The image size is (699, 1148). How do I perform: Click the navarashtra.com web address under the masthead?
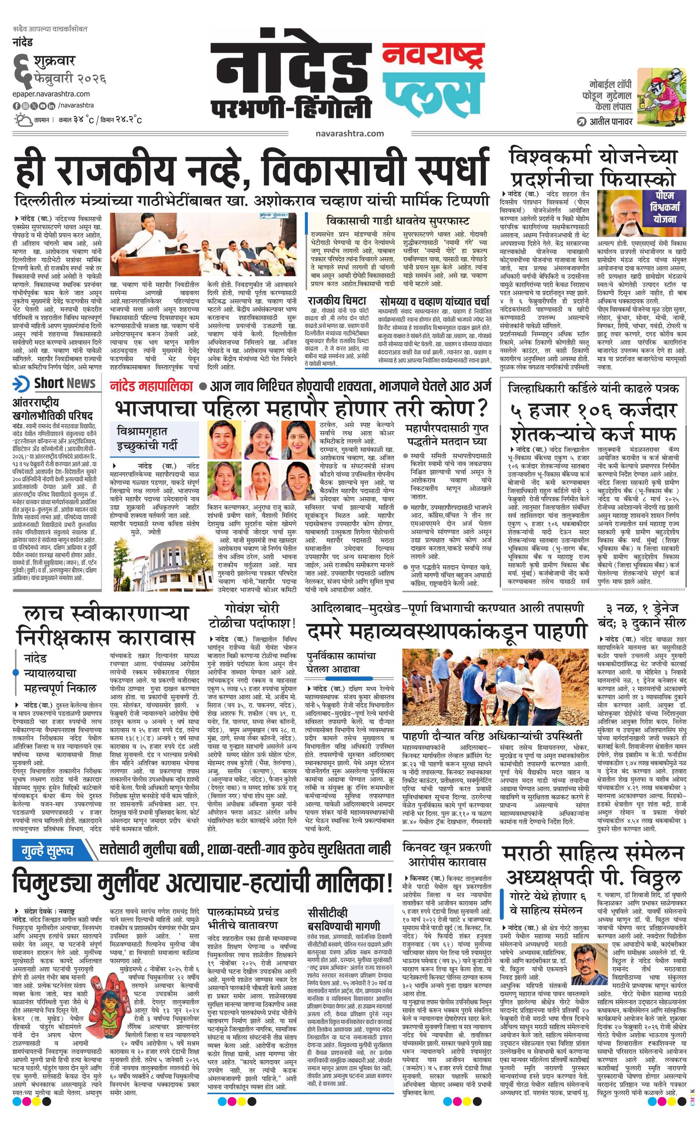[x=349, y=133]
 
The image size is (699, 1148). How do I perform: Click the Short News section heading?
[x=64, y=383]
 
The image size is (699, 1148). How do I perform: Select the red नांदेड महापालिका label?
[x=151, y=386]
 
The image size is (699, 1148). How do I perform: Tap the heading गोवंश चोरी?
[x=251, y=608]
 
